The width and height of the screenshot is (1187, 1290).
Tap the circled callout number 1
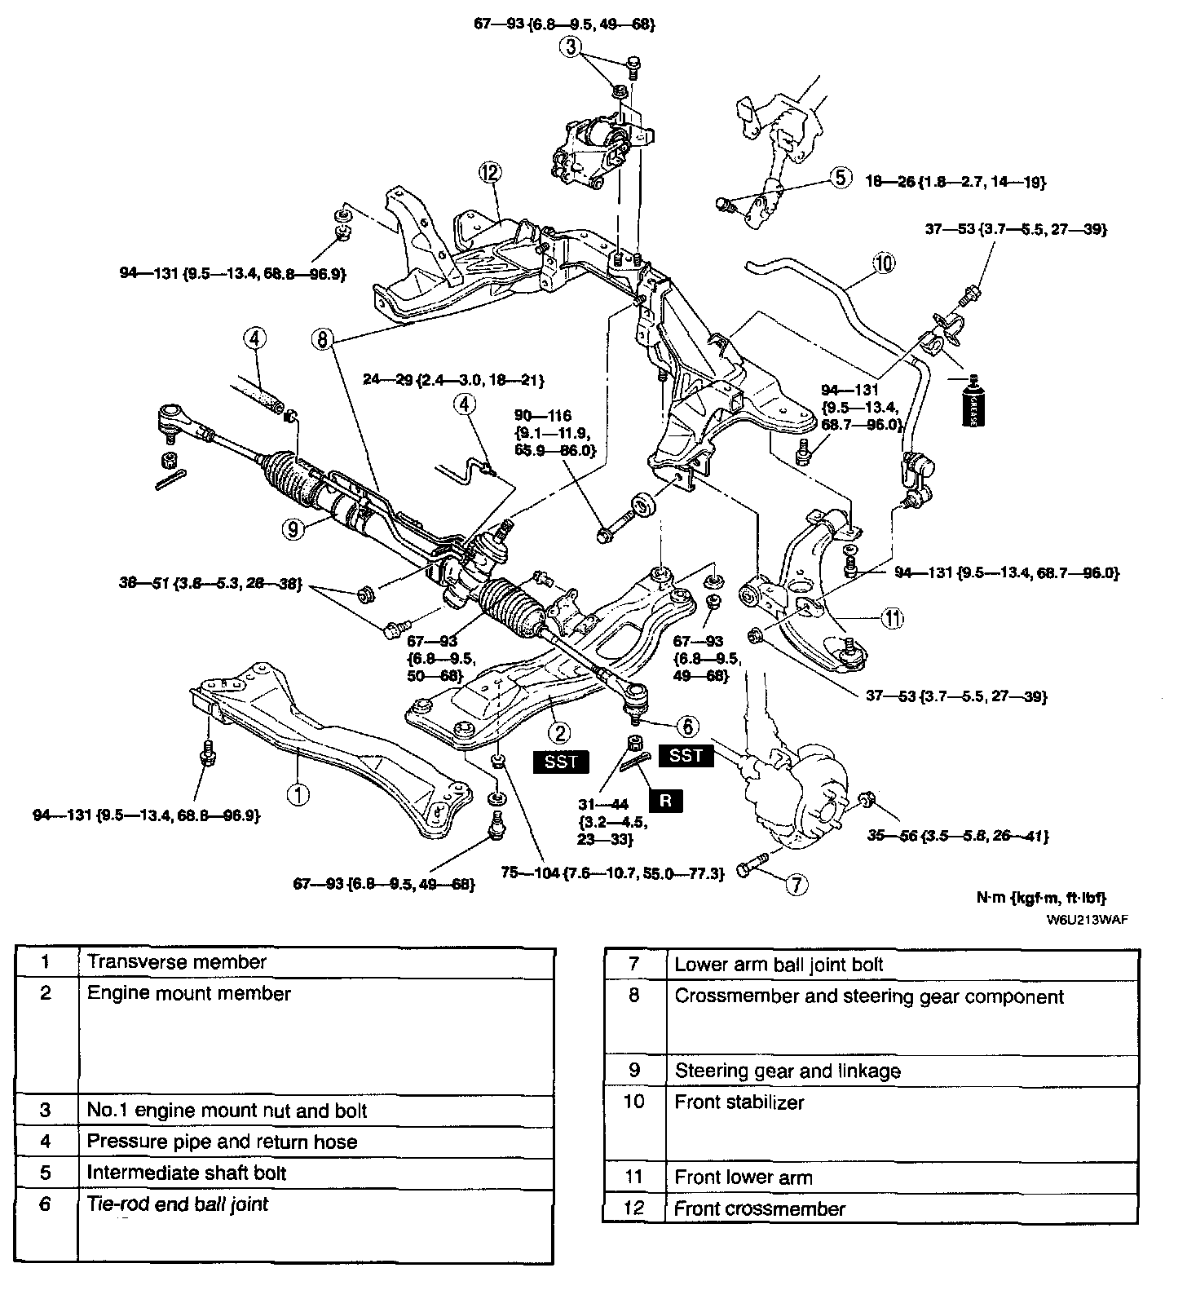coord(300,793)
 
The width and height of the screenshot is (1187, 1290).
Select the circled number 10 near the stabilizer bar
coord(884,263)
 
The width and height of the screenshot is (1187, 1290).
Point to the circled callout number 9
coord(295,528)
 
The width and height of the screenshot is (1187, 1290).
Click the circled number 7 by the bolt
coord(796,883)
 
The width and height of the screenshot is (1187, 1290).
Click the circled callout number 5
coord(841,176)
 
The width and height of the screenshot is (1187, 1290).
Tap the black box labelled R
coord(665,800)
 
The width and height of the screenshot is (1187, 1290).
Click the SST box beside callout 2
coord(561,762)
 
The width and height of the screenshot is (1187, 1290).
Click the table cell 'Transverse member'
coord(177,961)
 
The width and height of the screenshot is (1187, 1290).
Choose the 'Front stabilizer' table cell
coord(739,1102)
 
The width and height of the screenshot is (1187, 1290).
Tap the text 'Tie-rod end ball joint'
coord(178,1204)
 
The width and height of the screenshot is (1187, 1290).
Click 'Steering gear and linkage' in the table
coord(788,1071)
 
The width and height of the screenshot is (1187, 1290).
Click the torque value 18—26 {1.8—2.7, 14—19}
coord(955,182)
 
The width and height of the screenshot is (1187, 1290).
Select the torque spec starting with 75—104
coord(612,874)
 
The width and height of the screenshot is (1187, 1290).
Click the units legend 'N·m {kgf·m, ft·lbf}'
coord(1041,898)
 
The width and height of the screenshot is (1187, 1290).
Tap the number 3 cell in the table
coord(46,1110)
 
